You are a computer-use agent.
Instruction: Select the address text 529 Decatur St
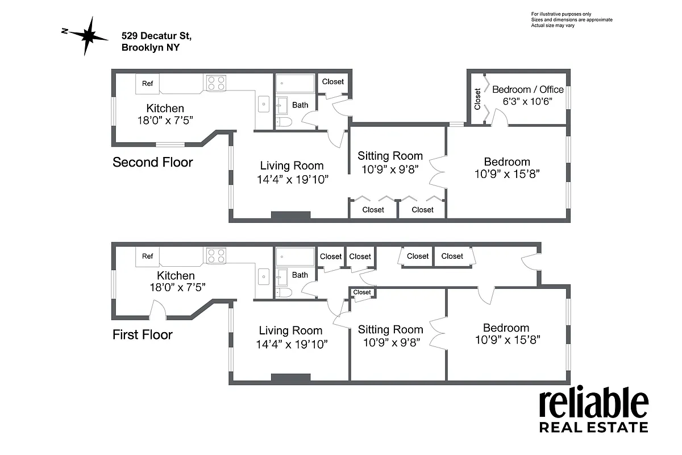157,36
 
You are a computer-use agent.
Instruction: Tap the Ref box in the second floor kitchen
147,84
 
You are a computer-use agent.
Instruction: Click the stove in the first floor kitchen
216,256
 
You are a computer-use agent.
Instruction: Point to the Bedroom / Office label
527,89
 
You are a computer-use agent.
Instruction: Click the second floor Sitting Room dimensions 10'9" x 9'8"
390,169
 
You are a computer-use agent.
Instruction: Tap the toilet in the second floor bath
284,122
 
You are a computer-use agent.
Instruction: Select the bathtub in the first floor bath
295,257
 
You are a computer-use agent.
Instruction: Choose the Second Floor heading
152,162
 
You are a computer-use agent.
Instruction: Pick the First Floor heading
142,334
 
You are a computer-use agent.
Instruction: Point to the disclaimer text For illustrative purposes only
561,14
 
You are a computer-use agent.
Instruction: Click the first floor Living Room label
290,330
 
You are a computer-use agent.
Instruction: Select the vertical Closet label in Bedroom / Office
477,98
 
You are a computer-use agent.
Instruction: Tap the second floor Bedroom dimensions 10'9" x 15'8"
506,174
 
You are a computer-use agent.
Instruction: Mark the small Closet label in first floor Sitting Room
362,292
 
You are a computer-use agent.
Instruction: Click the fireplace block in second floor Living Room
290,216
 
